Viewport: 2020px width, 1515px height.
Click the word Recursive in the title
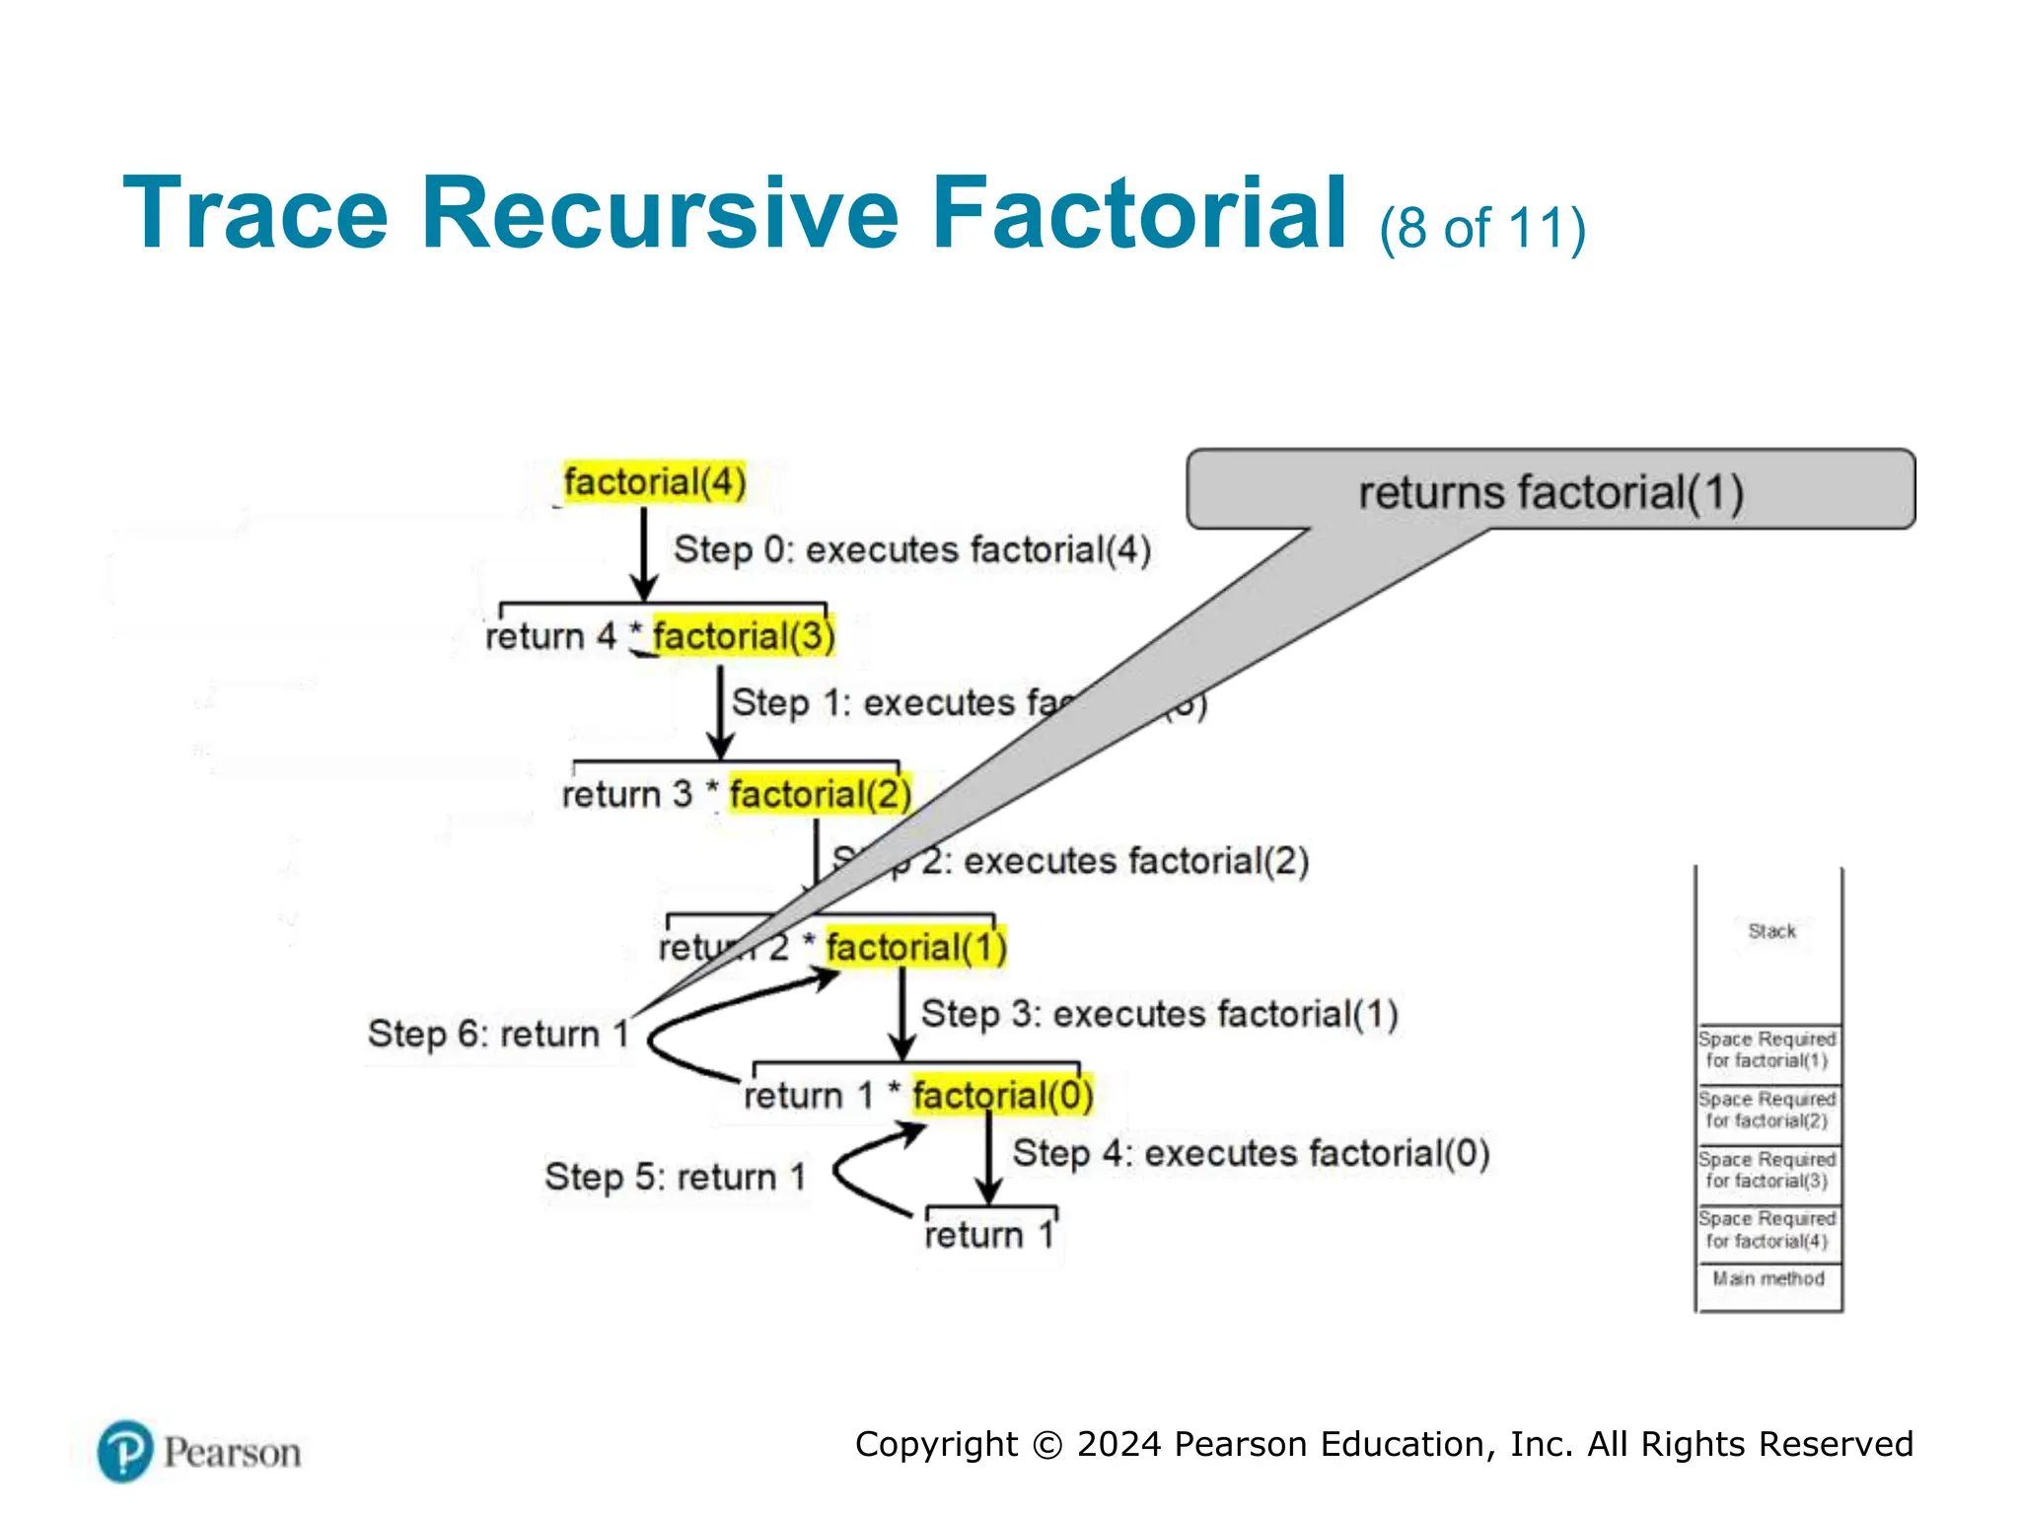[659, 212]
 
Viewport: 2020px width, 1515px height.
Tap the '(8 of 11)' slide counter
[1482, 228]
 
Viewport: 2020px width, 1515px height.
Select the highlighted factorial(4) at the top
[654, 482]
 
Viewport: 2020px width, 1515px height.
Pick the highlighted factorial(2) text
[820, 794]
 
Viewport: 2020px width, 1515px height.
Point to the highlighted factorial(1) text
[916, 948]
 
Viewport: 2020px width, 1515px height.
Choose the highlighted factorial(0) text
[1002, 1095]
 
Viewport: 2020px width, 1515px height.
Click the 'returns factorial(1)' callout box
[1551, 491]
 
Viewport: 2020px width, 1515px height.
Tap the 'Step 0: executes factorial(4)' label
[912, 549]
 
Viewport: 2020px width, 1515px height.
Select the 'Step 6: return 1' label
[498, 1034]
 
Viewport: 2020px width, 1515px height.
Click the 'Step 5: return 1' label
[676, 1177]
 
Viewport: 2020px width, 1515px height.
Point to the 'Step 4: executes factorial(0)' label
[1251, 1153]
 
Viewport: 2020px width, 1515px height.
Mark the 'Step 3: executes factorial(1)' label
[1159, 1014]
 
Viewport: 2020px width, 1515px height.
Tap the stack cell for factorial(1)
[1767, 1050]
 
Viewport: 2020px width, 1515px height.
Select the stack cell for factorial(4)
[1767, 1230]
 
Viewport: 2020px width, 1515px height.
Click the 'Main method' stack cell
[1767, 1279]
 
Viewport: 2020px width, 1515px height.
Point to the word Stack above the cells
[1771, 931]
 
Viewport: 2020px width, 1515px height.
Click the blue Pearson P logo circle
[125, 1452]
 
